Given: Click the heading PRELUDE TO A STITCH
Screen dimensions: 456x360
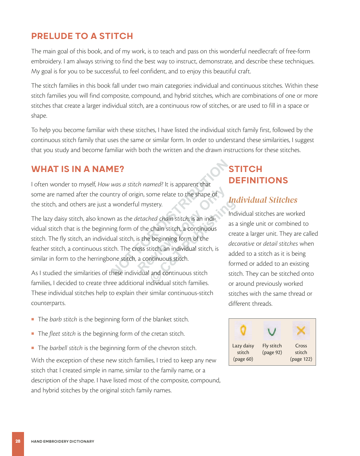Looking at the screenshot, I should pyautogui.click(x=82, y=36).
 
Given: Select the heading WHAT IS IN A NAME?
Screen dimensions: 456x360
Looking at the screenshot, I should pyautogui.click(x=77, y=169).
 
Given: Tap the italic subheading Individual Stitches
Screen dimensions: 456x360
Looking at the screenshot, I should pyautogui.click(x=263, y=200).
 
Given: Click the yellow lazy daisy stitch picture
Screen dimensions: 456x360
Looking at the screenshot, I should pyautogui.click(x=243, y=330).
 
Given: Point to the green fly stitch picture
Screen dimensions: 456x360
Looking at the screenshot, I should pyautogui.click(x=272, y=331).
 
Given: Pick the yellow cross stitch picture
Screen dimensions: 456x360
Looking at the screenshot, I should pyautogui.click(x=301, y=330).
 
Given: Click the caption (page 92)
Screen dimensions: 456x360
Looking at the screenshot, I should pyautogui.click(x=272, y=352).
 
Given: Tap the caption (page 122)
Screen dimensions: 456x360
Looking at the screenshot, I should pyautogui.click(x=301, y=359).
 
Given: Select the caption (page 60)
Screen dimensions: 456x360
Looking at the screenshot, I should pyautogui.click(x=243, y=359).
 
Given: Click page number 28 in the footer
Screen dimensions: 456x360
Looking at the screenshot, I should pyautogui.click(x=18, y=441).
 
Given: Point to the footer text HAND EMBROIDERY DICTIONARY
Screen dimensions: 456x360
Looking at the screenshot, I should pyautogui.click(x=63, y=441).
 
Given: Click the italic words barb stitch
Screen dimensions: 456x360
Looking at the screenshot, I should pyautogui.click(x=63, y=319).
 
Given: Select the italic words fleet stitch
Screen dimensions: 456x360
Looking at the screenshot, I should pyautogui.click(x=62, y=334).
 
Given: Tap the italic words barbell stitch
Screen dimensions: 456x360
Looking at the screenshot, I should pyautogui.click(x=66, y=348).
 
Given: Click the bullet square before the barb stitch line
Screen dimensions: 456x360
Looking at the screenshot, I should pyautogui.click(x=33, y=319).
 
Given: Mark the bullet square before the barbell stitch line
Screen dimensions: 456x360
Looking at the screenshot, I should pyautogui.click(x=33, y=348).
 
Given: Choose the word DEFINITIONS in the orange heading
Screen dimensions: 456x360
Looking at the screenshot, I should pyautogui.click(x=258, y=180).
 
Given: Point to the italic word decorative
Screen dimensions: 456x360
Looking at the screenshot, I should pyautogui.click(x=241, y=244).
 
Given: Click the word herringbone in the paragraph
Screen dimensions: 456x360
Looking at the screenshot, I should pyautogui.click(x=103, y=259).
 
